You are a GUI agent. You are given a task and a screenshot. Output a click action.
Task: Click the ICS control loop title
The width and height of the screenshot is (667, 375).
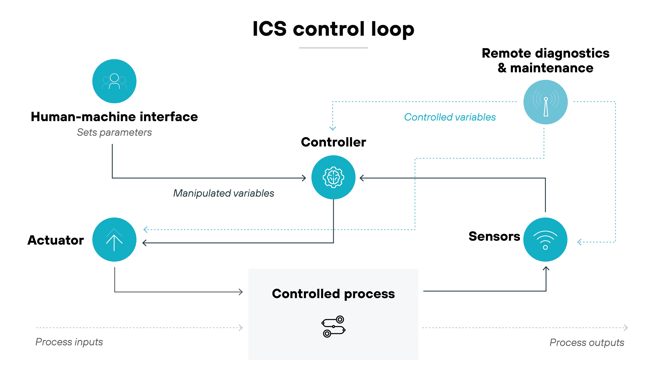click(x=333, y=29)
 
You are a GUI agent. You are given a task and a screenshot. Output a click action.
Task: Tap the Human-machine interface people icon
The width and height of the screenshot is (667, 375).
click(x=114, y=81)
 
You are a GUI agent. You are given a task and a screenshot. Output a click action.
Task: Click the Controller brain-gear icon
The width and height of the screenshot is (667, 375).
click(x=333, y=177)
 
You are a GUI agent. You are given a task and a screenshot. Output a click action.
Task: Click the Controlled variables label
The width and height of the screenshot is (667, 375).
click(x=450, y=117)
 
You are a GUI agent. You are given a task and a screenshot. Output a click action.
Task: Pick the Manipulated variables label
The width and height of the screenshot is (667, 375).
click(x=223, y=193)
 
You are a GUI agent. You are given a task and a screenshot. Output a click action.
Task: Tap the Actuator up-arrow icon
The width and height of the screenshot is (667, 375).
click(x=114, y=240)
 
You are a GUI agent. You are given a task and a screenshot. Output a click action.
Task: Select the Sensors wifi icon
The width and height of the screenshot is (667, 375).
click(x=545, y=240)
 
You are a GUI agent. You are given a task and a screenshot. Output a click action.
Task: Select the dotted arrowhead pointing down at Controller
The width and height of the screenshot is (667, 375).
click(x=332, y=128)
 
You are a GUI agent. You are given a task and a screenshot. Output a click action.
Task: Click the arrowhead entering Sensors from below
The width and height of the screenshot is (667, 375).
click(x=546, y=269)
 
